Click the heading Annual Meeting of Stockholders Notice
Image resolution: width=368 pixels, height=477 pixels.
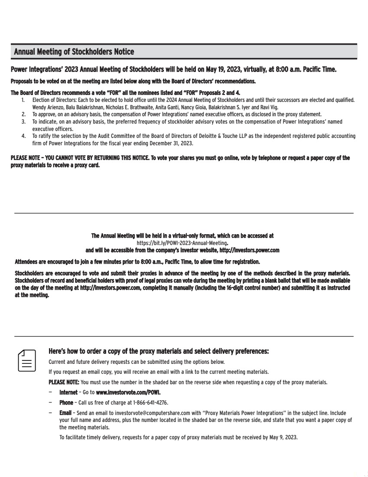[x=74, y=52]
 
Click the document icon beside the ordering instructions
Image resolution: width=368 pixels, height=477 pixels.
[x=27, y=360]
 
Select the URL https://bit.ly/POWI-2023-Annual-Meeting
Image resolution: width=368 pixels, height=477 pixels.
[x=182, y=243]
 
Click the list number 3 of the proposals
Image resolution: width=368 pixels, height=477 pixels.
[x=23, y=122]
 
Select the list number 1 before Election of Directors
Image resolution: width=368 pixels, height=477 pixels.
[x=23, y=100]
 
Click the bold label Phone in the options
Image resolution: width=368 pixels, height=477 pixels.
[x=66, y=403]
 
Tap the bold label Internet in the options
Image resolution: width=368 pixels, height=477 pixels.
[x=68, y=392]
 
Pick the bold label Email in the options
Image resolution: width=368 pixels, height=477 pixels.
[x=65, y=413]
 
